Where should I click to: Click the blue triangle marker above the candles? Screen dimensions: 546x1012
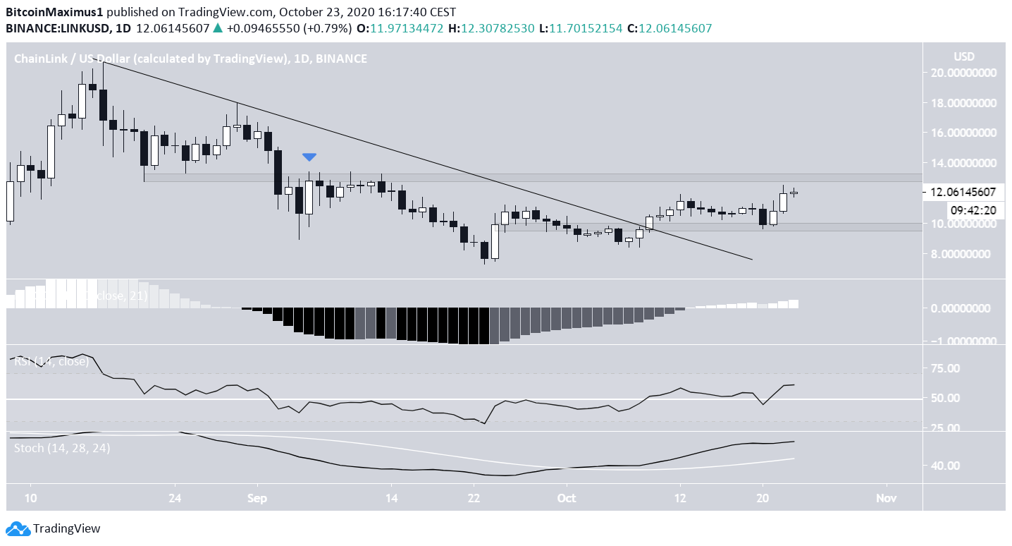point(309,157)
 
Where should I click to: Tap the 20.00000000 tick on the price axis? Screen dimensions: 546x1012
point(963,73)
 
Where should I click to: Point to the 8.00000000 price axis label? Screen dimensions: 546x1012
point(963,254)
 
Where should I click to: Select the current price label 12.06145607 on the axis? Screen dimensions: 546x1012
point(963,192)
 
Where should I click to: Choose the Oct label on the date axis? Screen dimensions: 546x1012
point(566,498)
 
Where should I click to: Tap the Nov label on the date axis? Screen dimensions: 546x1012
point(887,498)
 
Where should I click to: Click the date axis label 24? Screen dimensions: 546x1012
point(175,498)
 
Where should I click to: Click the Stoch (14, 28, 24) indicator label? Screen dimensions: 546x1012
point(62,447)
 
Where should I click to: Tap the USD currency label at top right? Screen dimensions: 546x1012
point(964,56)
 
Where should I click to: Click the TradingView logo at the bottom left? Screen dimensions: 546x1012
point(54,528)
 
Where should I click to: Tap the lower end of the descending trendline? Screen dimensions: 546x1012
point(752,260)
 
